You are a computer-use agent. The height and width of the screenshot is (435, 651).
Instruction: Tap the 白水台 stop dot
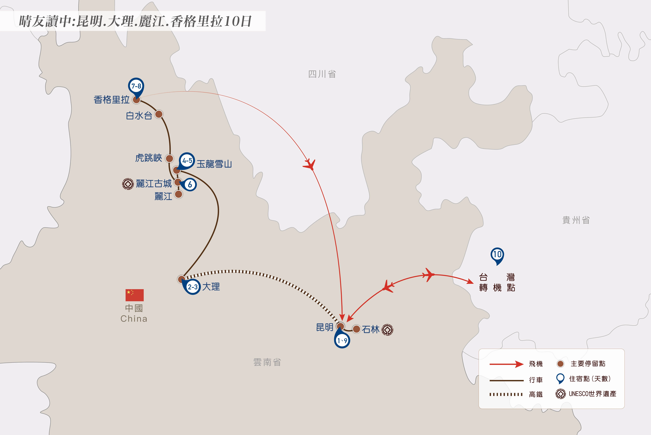click(159, 114)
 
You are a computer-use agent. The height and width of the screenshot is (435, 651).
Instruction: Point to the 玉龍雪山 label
click(214, 164)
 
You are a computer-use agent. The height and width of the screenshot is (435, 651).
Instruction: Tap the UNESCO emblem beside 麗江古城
click(128, 184)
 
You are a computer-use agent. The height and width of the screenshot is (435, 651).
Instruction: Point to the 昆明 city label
click(325, 327)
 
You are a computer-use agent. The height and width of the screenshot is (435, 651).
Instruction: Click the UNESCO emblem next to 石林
click(387, 330)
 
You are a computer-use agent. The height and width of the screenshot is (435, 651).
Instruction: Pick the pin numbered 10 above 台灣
click(497, 254)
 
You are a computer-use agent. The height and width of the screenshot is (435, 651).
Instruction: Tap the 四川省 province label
click(322, 74)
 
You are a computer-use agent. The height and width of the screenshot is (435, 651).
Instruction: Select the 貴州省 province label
click(576, 220)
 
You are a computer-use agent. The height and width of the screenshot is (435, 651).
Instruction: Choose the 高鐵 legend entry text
click(536, 394)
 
